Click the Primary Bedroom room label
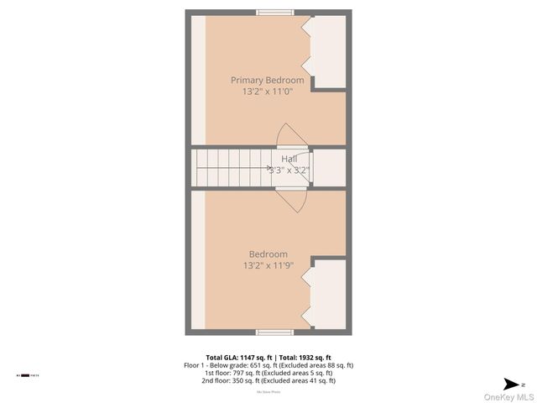tap(268, 80)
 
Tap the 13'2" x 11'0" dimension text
tap(268, 92)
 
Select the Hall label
tap(289, 159)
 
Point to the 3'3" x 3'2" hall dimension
tap(289, 169)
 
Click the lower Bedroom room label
tap(268, 254)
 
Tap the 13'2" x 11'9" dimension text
tap(268, 266)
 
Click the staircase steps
tap(231, 167)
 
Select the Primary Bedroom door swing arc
tap(291, 135)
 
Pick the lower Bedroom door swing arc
tap(293, 201)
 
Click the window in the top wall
tap(274, 12)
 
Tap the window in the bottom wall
tap(274, 332)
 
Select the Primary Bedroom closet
tap(328, 50)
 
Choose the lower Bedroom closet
tap(328, 294)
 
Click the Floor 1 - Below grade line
tap(268, 365)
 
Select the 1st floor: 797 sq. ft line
tap(268, 373)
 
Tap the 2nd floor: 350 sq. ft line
tap(268, 380)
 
